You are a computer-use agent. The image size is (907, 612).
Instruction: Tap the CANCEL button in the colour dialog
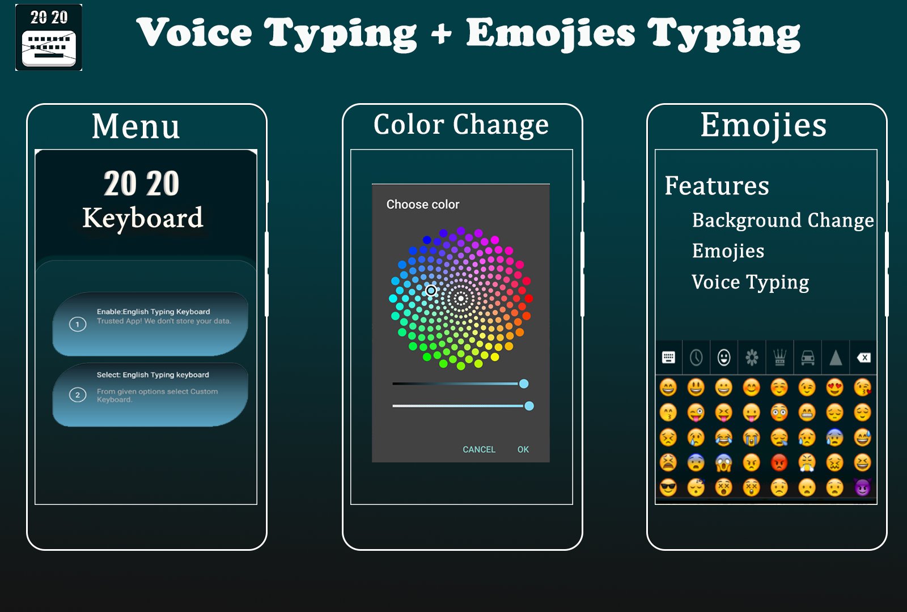(x=479, y=449)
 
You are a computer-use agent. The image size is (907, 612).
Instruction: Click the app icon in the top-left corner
(x=49, y=37)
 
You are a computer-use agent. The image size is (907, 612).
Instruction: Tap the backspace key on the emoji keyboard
(x=863, y=358)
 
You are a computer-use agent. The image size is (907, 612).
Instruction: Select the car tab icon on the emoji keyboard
(x=808, y=358)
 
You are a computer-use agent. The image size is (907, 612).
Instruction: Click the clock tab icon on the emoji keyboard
(x=696, y=358)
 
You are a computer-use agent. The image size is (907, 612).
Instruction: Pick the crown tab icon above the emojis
(x=780, y=358)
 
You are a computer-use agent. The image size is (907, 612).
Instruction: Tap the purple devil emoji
(x=862, y=487)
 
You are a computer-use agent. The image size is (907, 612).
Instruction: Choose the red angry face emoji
(x=779, y=462)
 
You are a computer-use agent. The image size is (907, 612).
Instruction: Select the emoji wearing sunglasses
(x=668, y=487)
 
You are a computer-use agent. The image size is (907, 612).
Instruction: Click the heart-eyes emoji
(x=834, y=388)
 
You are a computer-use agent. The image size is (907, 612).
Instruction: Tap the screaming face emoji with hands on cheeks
(x=724, y=462)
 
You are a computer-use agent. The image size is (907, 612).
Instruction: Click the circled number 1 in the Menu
(x=78, y=324)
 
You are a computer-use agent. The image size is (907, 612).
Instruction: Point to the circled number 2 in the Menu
(x=78, y=395)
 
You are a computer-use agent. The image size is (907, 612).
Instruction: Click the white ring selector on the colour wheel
(x=431, y=290)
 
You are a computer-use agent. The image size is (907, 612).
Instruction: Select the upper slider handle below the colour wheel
(x=524, y=384)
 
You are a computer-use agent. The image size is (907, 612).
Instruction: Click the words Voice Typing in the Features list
(x=750, y=282)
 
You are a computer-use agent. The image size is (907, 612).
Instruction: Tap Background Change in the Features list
(x=783, y=220)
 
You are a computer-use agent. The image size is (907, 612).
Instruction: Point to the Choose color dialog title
(x=423, y=205)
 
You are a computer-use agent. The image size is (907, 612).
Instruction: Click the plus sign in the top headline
(x=441, y=34)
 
